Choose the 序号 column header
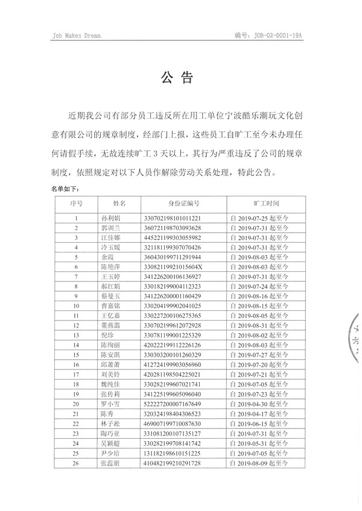point(76,205)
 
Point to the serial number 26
point(76,463)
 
